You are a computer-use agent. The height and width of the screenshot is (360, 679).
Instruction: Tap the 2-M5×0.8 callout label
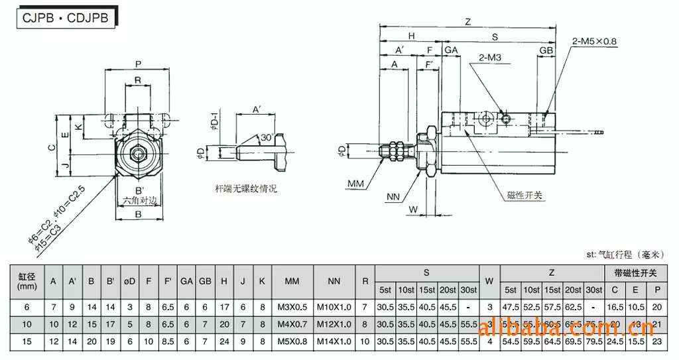pyautogui.click(x=594, y=41)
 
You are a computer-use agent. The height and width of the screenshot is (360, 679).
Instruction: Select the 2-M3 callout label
pyautogui.click(x=489, y=58)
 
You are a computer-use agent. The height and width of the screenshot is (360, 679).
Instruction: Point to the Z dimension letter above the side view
pyautogui.click(x=467, y=22)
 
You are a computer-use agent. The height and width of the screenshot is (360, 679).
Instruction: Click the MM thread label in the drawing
pyautogui.click(x=356, y=182)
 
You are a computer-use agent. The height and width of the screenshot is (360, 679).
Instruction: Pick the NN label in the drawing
pyautogui.click(x=393, y=197)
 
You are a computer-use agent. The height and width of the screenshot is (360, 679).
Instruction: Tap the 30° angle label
pyautogui.click(x=267, y=137)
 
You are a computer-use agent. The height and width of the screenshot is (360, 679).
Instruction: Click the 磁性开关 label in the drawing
pyautogui.click(x=525, y=195)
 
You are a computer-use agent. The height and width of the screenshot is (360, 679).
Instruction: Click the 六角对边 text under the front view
pyautogui.click(x=139, y=200)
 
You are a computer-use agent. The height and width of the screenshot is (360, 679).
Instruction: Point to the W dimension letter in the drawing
pyautogui.click(x=413, y=210)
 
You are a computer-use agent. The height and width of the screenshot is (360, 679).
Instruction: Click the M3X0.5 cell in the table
pyautogui.click(x=292, y=307)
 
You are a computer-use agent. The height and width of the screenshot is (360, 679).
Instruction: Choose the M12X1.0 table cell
pyautogui.click(x=334, y=325)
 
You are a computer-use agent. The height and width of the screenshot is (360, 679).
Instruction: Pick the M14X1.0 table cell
pyautogui.click(x=334, y=343)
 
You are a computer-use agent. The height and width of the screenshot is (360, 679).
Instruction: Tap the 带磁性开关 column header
pyautogui.click(x=635, y=272)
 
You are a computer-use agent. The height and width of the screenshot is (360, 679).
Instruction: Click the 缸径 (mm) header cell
pyautogui.click(x=27, y=281)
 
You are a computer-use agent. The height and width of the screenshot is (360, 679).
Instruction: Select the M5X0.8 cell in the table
pyautogui.click(x=292, y=343)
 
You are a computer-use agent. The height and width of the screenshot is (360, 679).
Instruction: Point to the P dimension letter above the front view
pyautogui.click(x=138, y=64)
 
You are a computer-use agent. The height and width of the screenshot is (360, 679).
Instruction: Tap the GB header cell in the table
pyautogui.click(x=206, y=281)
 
